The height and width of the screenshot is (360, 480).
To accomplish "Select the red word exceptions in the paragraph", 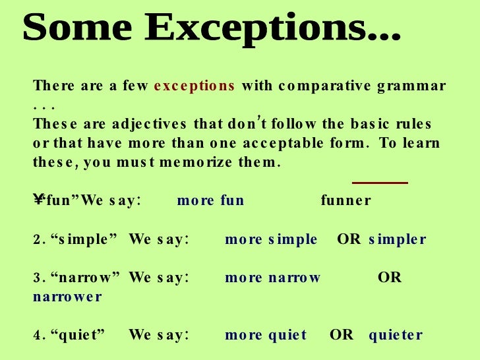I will pyautogui.click(x=194, y=86).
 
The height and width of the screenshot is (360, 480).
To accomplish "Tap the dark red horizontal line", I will pyautogui.click(x=380, y=183).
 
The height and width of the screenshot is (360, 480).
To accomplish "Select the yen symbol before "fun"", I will pyautogui.click(x=38, y=200).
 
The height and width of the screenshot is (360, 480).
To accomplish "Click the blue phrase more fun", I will pyautogui.click(x=210, y=200).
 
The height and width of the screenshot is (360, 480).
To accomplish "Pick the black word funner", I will pyautogui.click(x=345, y=200).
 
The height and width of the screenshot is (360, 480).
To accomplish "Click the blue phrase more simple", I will pyautogui.click(x=271, y=239).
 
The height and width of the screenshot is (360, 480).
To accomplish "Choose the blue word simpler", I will pyautogui.click(x=398, y=239).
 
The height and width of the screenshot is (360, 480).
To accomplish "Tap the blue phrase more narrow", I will pyautogui.click(x=272, y=278).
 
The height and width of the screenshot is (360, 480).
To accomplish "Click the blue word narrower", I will pyautogui.click(x=67, y=297).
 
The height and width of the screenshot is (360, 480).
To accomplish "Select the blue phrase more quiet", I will pyautogui.click(x=266, y=335).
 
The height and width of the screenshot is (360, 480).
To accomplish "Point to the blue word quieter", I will pyautogui.click(x=396, y=335).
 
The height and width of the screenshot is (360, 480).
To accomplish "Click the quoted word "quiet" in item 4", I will pyautogui.click(x=78, y=335).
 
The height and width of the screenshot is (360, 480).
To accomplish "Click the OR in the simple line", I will pyautogui.click(x=349, y=239).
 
